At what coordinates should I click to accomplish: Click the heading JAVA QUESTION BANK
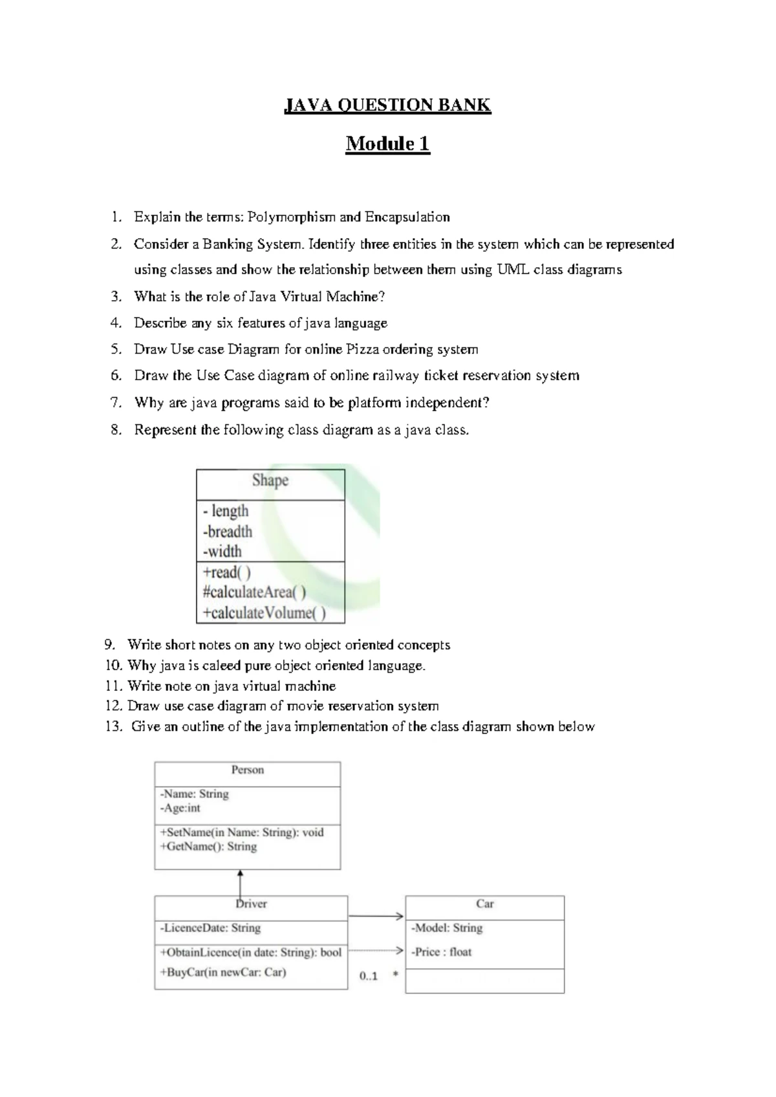387,105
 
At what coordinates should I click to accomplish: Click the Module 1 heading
387,144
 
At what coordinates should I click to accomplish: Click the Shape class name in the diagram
270,481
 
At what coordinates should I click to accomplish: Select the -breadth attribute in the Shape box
228,532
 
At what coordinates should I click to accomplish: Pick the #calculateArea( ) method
254,592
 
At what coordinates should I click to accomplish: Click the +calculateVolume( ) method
264,613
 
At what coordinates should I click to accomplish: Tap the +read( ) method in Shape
226,572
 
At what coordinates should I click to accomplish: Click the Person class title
247,770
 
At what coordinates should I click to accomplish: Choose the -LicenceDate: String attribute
210,928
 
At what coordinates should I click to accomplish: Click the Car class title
484,904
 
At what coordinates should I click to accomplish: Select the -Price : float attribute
442,952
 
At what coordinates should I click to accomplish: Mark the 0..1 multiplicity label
369,976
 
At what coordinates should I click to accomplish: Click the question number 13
114,727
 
